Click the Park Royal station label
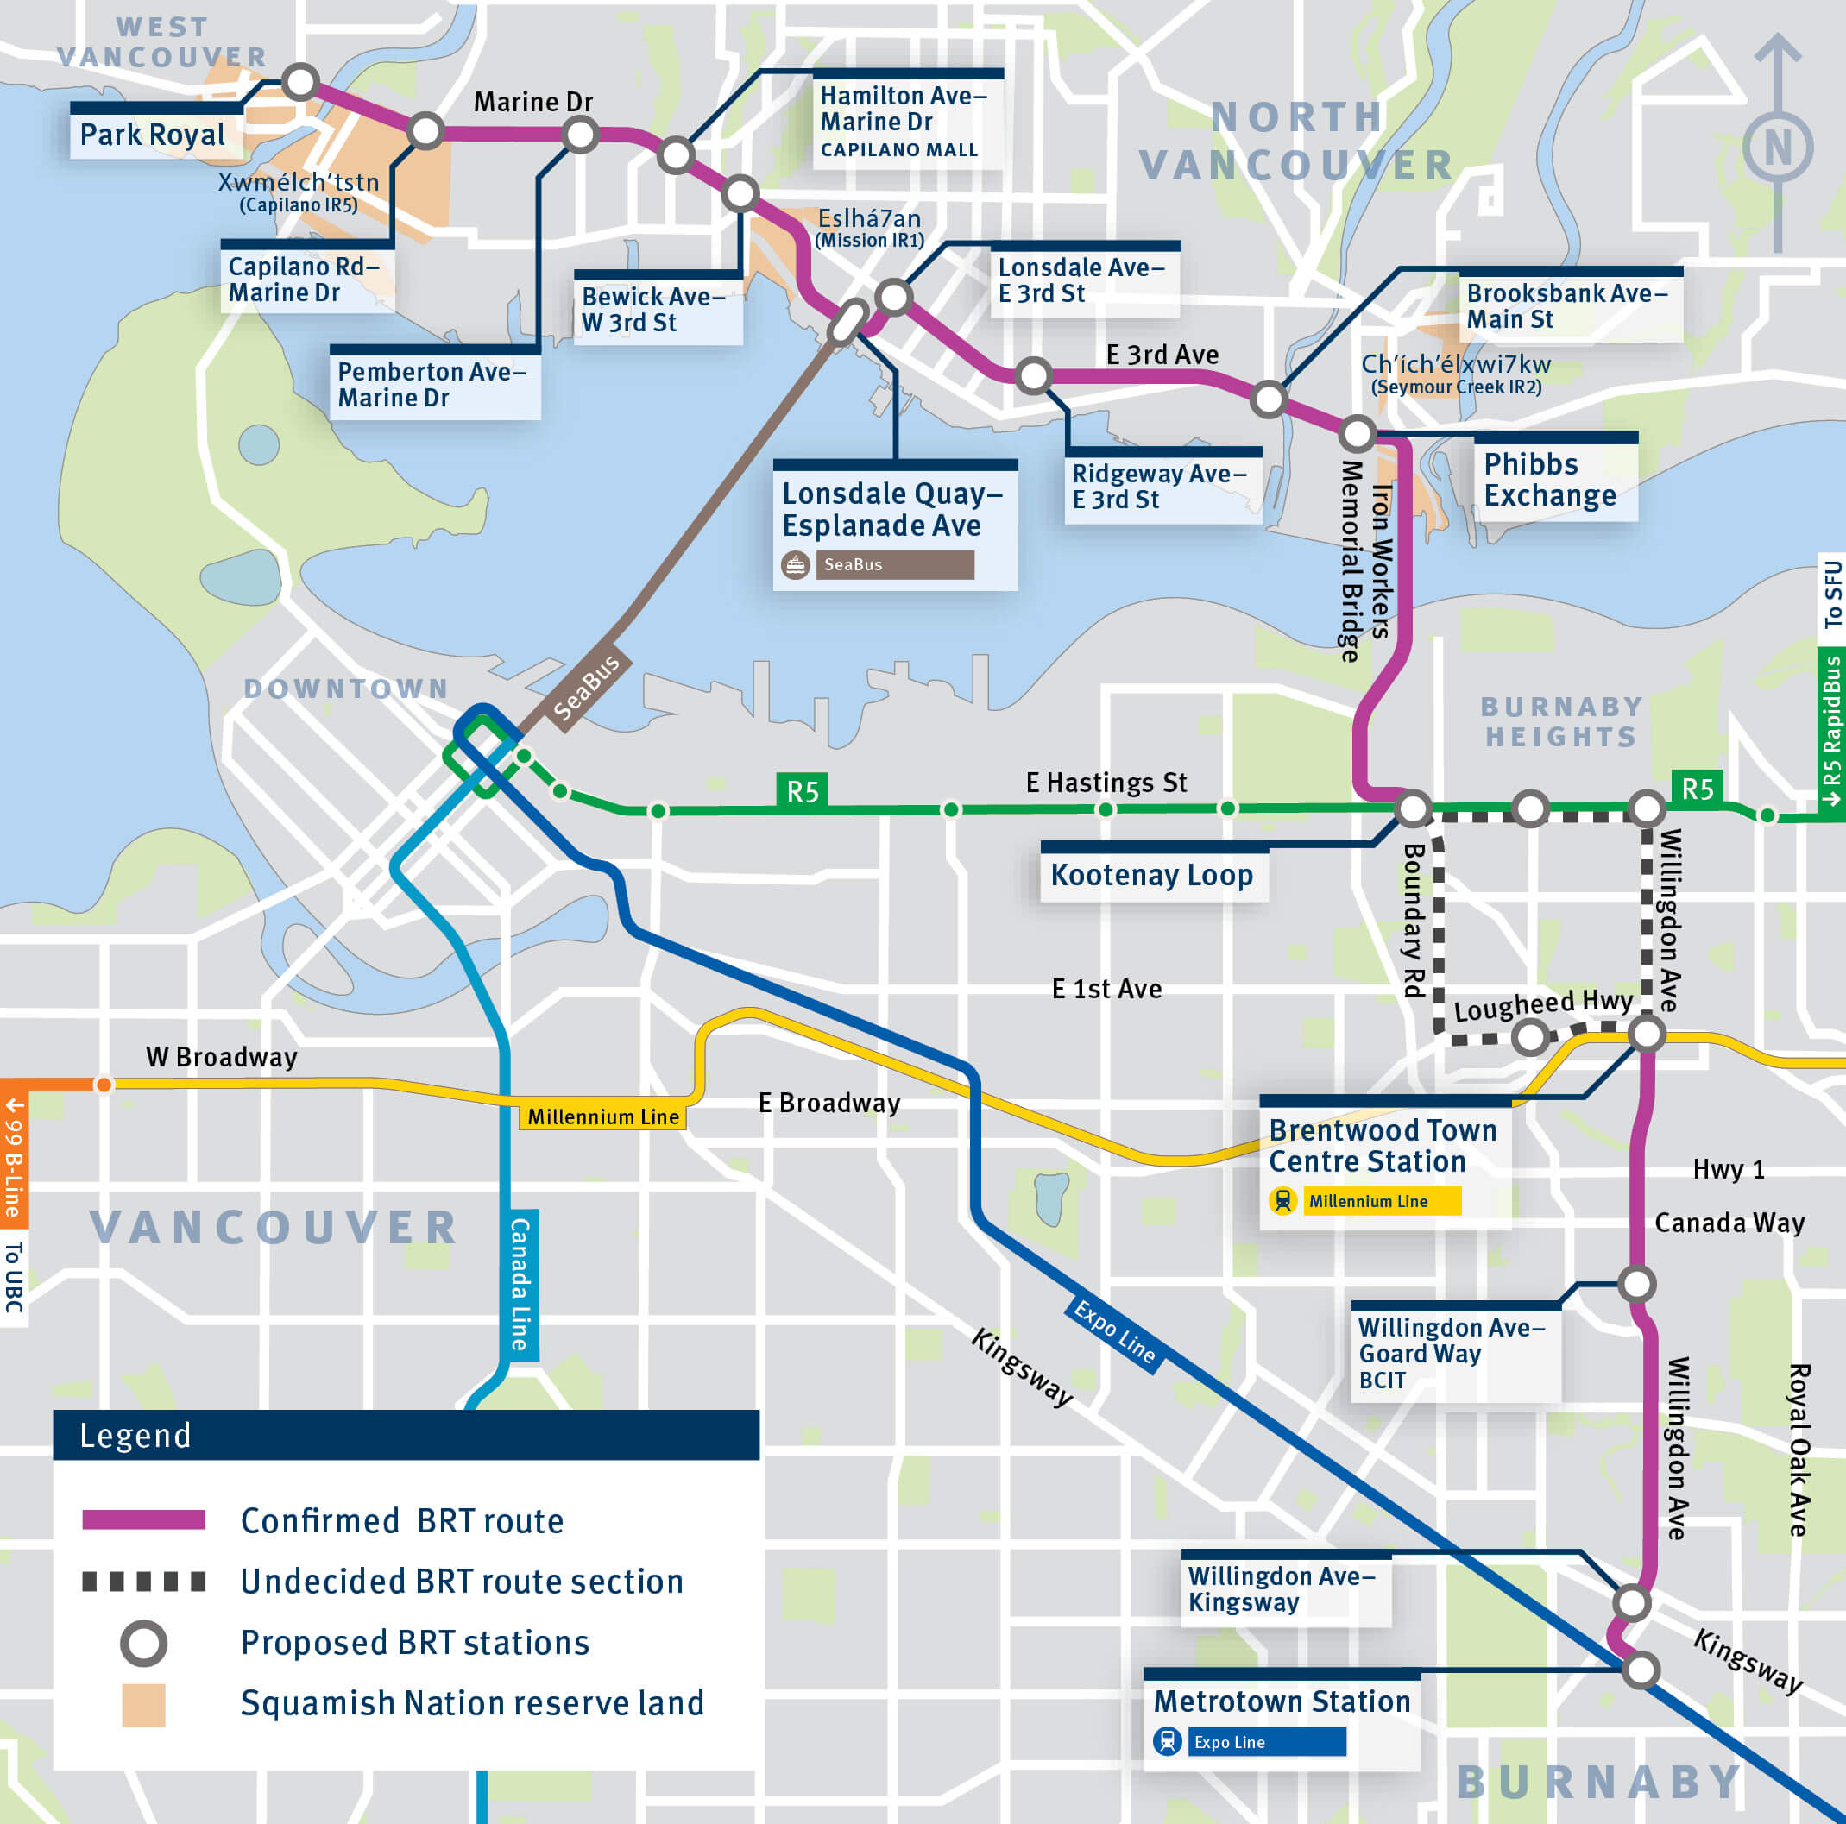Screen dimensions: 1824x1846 coord(153,135)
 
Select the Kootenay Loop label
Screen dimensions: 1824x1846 coord(1151,875)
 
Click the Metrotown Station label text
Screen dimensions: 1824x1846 coord(1282,1701)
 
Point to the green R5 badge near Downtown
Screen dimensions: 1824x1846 coord(802,791)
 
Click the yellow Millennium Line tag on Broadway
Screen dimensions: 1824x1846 coord(603,1116)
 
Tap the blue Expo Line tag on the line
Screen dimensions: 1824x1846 coord(1114,1331)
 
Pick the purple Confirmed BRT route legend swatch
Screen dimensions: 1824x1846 coord(143,1520)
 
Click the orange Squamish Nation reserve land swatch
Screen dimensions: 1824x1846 coord(143,1705)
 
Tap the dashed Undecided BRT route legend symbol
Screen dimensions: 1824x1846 coord(143,1582)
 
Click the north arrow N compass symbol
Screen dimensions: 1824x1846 coord(1777,148)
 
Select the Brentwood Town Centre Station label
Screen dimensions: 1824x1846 coord(1382,1146)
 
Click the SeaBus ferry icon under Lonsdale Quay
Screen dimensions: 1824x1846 coord(795,564)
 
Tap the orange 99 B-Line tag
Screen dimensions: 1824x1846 coord(14,1156)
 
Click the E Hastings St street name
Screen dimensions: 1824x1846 coord(1106,783)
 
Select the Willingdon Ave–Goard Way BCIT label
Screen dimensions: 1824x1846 coord(1451,1352)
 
